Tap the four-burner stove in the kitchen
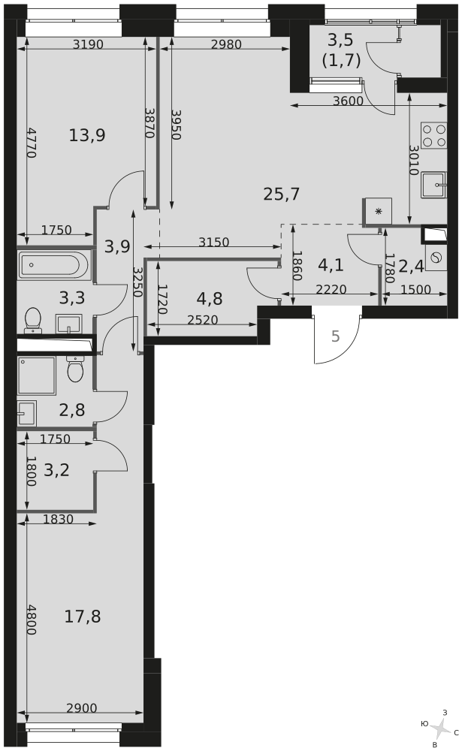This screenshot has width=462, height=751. [x=433, y=135]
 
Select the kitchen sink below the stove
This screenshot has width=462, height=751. [x=434, y=185]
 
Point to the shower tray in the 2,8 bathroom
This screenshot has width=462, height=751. [x=36, y=375]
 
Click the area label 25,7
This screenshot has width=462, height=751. [x=282, y=194]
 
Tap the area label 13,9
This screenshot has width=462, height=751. [x=87, y=135]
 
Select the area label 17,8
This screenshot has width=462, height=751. [x=83, y=617]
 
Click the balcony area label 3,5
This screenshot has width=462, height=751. [x=341, y=40]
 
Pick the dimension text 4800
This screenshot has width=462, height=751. [x=31, y=620]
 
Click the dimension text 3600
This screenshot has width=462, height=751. [x=348, y=101]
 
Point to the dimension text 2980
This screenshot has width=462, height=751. [x=226, y=44]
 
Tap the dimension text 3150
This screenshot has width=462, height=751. [x=214, y=243]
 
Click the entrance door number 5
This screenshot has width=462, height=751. [x=336, y=336]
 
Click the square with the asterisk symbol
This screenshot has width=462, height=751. [x=378, y=211]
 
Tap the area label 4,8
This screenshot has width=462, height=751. [x=210, y=298]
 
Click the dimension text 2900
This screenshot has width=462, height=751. [x=81, y=708]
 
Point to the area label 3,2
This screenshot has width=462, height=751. [x=56, y=470]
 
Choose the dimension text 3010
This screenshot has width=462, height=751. [x=414, y=160]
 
